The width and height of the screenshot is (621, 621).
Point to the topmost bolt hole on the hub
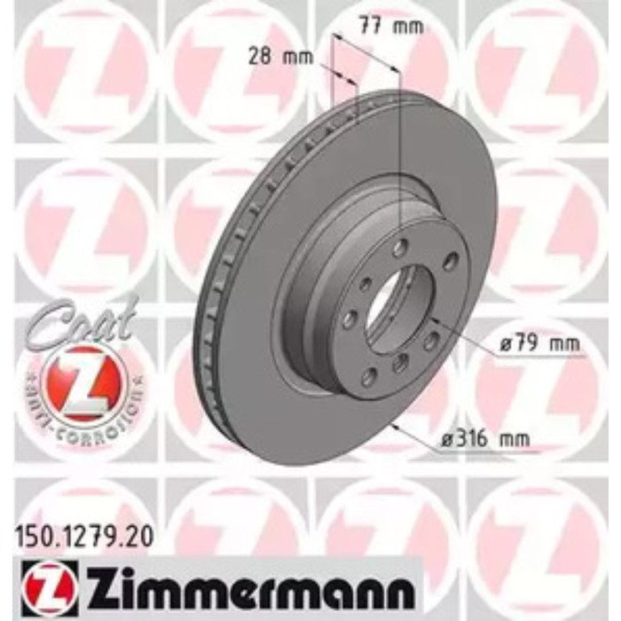click(403, 245)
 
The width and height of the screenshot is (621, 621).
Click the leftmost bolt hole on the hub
click(350, 318)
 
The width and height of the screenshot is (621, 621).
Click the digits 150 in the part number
click(33, 536)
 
